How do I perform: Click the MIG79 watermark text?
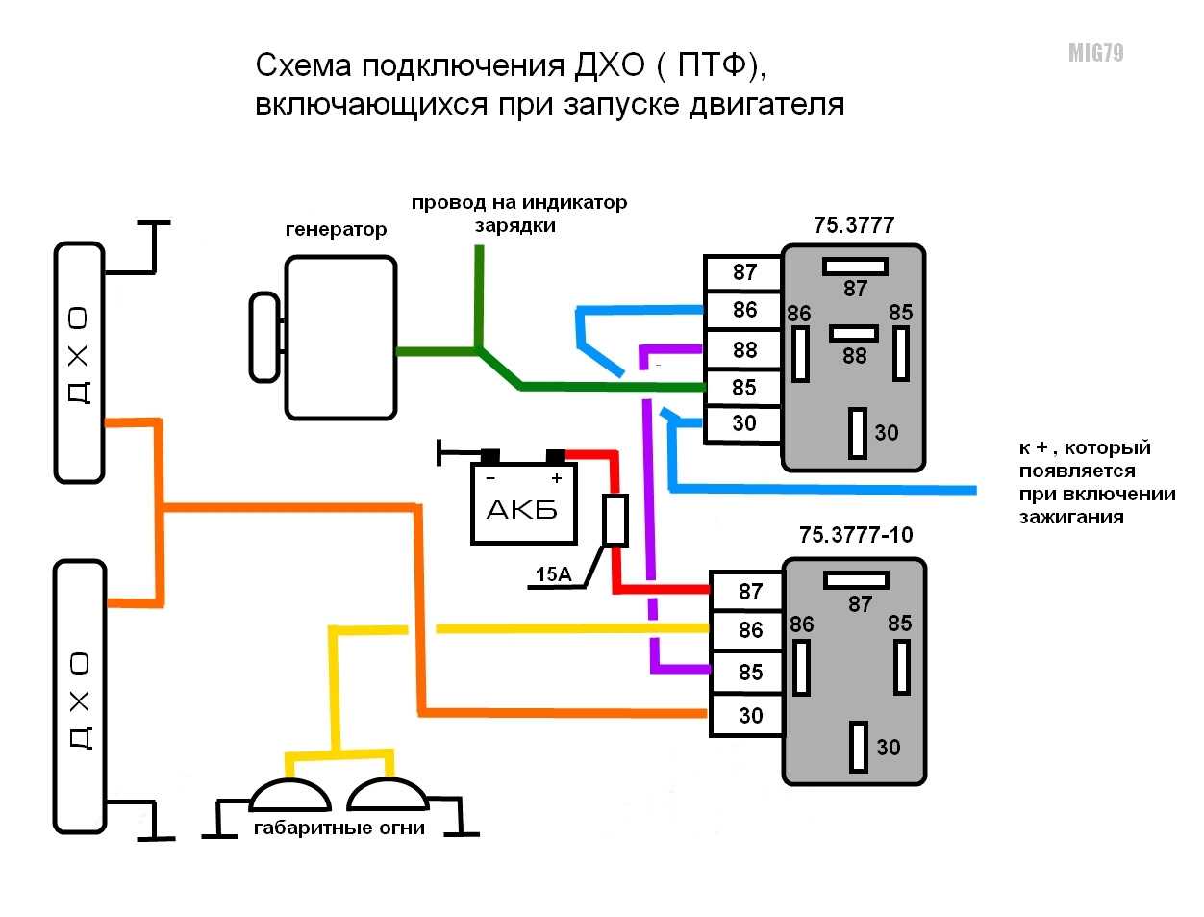tap(1095, 53)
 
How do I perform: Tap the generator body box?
tap(340, 338)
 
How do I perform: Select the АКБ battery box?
tap(523, 504)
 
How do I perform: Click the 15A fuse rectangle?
tap(615, 521)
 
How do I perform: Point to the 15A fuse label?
tap(554, 574)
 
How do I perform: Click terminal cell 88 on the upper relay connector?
tap(742, 349)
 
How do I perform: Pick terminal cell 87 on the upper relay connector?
tap(742, 272)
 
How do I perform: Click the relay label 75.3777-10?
tap(856, 534)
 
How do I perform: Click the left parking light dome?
tap(290, 795)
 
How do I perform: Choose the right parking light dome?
tap(388, 794)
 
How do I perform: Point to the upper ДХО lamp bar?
tap(80, 363)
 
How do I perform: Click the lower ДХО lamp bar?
tap(80, 697)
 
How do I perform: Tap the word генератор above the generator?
tap(336, 229)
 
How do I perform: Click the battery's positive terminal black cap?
tap(556, 456)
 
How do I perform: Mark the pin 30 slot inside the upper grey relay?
tap(858, 433)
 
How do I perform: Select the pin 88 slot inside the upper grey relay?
tap(854, 334)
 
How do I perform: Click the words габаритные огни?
tap(339, 828)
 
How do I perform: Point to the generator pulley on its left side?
tap(264, 337)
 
